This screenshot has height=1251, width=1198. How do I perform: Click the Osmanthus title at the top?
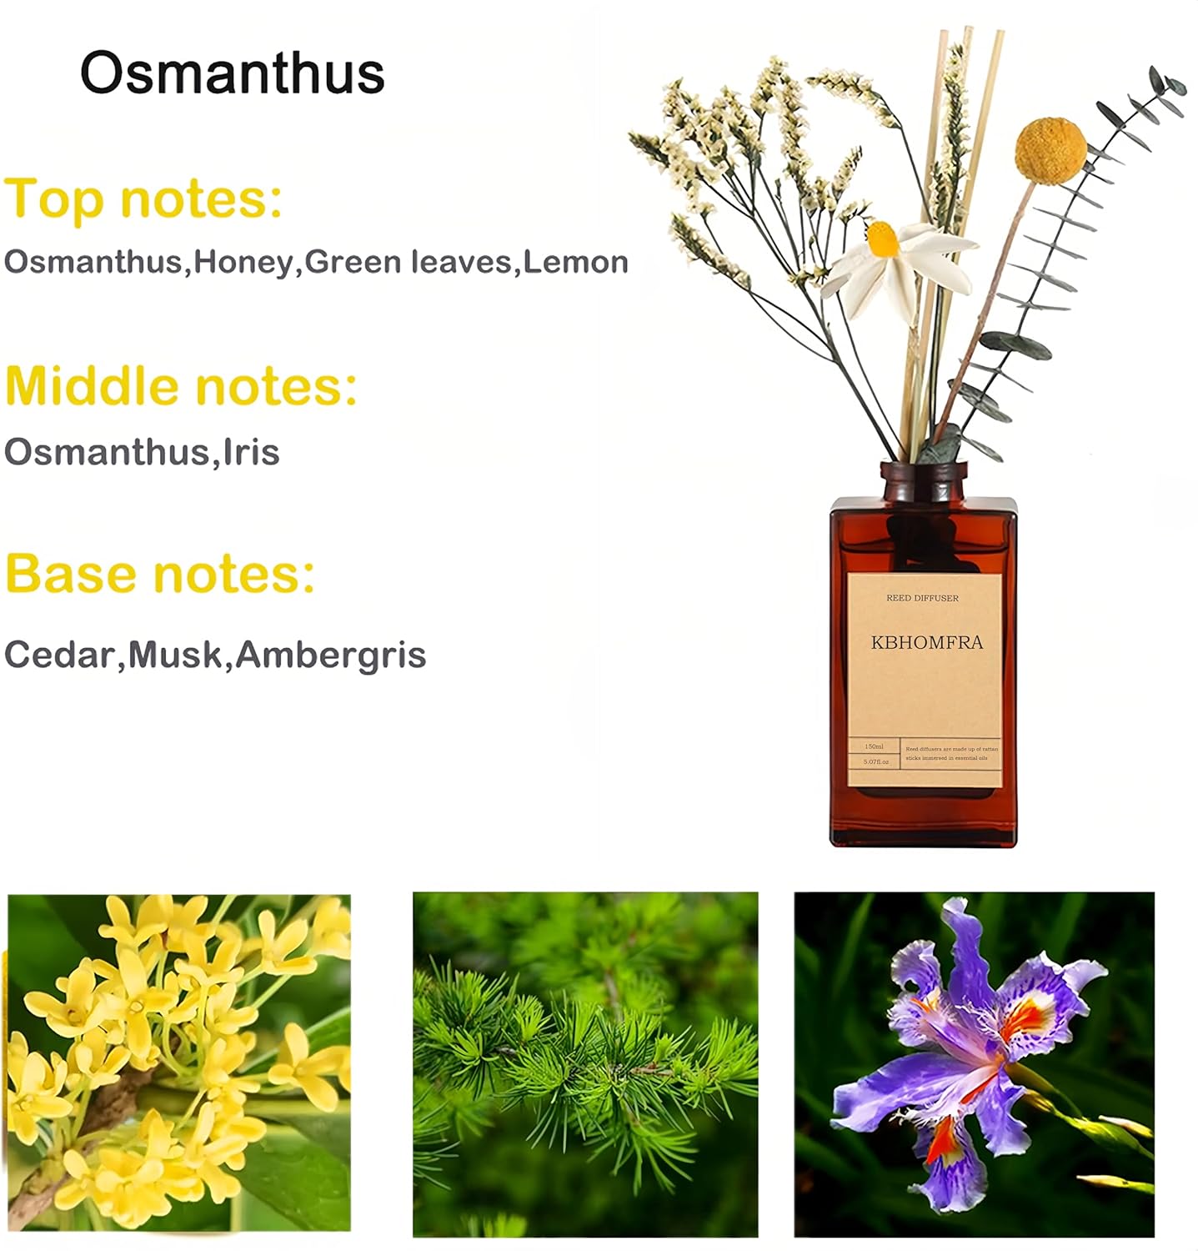[232, 73]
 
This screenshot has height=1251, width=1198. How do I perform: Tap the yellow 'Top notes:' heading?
[143, 198]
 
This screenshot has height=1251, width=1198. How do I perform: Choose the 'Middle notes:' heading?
[181, 386]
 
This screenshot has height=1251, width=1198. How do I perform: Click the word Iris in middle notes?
[251, 452]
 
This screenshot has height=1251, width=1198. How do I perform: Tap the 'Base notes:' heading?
[160, 574]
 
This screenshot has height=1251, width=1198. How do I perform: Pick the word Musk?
[175, 655]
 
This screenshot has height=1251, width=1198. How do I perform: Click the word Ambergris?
[331, 655]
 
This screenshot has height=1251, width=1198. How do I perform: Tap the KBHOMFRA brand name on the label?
[926, 642]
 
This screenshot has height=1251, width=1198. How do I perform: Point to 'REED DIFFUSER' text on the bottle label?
[922, 598]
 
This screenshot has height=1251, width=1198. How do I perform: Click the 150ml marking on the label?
[874, 746]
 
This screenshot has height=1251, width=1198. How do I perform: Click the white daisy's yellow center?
[882, 239]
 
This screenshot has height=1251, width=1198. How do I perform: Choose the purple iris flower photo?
[974, 1064]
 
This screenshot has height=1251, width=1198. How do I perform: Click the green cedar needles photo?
[585, 1064]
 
